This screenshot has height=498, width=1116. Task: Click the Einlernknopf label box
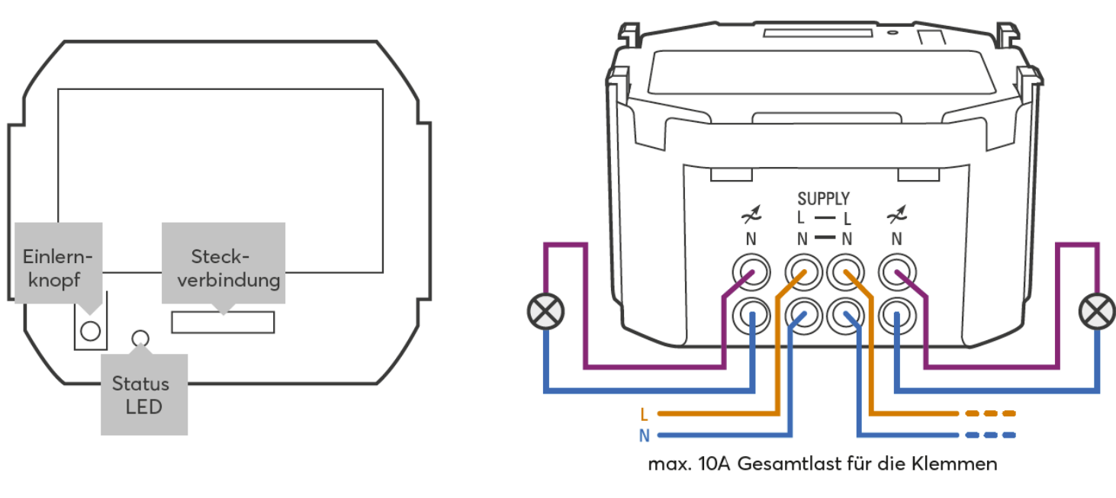pos(58,263)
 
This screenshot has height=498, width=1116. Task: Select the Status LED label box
pos(144,394)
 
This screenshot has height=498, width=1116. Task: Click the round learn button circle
pos(90,330)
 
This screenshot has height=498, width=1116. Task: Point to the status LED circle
pos(140,338)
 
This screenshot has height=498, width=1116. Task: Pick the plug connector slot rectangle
pos(223,322)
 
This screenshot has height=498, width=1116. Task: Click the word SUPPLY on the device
pos(823,199)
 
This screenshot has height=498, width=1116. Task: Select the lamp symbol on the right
pos(1097,312)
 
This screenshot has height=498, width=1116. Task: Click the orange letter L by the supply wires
pos(645,415)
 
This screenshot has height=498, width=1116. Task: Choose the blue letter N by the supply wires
pos(645,436)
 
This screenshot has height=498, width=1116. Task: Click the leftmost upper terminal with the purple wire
pos(750,271)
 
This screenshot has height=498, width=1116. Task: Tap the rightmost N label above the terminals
pos(896,239)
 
